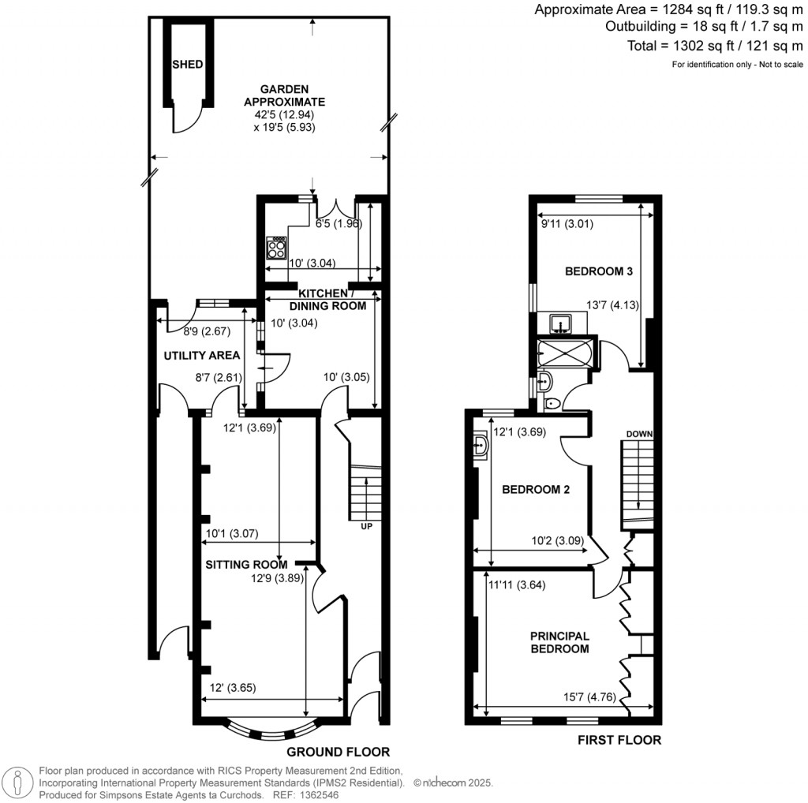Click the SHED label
tap(189, 65)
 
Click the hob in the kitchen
tap(278, 248)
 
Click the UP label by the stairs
tap(365, 526)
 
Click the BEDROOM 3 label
tap(599, 271)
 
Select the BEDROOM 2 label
tap(536, 489)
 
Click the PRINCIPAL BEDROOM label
tap(559, 642)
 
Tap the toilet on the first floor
tap(552, 404)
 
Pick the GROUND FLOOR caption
tap(338, 752)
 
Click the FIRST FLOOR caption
tap(619, 740)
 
